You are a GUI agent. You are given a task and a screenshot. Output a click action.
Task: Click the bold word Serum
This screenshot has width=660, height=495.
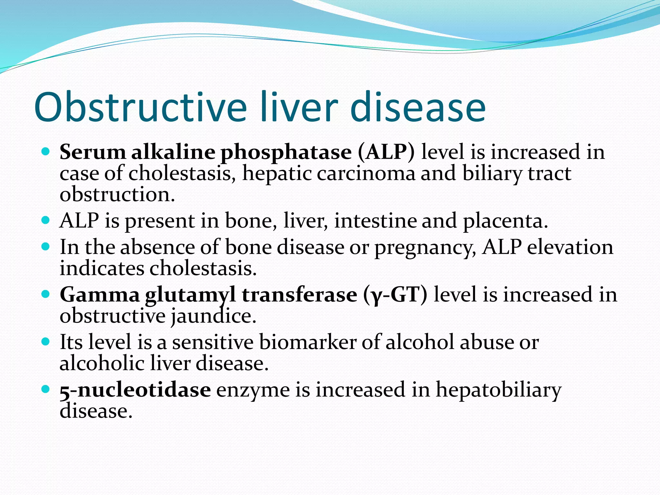[x=92, y=152]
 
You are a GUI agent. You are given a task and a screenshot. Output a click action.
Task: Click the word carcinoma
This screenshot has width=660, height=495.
[x=366, y=173]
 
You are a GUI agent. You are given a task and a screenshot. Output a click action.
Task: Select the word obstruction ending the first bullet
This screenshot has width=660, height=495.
[x=117, y=195]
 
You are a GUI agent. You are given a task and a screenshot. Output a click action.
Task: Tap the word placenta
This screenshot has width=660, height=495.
[x=505, y=221]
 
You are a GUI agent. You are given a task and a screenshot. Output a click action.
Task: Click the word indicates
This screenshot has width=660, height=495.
[x=102, y=268]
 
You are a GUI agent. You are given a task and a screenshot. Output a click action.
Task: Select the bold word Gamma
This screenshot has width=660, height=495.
[x=100, y=295]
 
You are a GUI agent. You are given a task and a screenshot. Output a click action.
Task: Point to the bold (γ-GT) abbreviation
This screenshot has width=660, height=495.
[x=395, y=295]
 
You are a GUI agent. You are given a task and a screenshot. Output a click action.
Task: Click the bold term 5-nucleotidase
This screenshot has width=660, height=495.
[x=135, y=390]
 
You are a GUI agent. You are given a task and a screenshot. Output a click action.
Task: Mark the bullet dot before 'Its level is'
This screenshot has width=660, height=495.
[x=45, y=342]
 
